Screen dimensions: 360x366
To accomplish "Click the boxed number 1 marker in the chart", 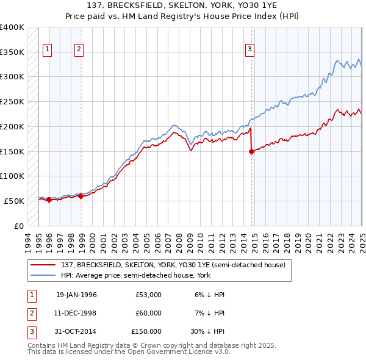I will [48, 50].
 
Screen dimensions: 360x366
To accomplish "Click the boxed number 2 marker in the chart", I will [79, 50].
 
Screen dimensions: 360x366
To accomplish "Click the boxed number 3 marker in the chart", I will [250, 50].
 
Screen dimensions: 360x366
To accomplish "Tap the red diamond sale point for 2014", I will [251, 153].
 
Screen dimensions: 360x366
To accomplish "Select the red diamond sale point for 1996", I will [49, 200].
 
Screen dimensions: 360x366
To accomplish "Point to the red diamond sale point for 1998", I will [81, 196].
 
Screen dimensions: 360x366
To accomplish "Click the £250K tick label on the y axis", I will [12, 101].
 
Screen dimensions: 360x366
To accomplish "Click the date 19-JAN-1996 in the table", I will [76, 295].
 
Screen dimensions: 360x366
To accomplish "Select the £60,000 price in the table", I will [148, 313].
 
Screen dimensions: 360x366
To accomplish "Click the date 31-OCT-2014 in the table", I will [76, 331].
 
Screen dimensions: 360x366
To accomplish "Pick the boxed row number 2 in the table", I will [30, 313].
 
